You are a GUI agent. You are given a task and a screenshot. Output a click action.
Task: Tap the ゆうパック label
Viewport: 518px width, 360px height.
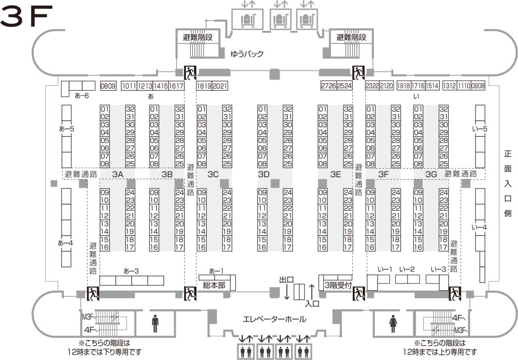(x=247, y=53)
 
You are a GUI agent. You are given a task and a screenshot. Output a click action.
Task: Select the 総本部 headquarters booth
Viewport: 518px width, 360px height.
(x=214, y=284)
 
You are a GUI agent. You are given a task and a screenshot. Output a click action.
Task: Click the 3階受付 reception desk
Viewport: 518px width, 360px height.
(x=338, y=284)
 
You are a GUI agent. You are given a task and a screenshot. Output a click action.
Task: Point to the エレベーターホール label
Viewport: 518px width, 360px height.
(x=274, y=319)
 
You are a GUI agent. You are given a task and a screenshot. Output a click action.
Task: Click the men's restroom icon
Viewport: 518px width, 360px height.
(x=155, y=323)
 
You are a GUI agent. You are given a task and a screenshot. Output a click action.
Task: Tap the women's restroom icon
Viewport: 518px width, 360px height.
(x=393, y=323)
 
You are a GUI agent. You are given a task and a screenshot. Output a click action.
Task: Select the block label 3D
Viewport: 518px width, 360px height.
(x=264, y=175)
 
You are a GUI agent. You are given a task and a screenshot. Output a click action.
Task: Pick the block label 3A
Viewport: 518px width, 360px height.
(x=118, y=175)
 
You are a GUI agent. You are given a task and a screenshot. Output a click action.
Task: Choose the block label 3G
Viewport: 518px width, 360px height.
(x=431, y=175)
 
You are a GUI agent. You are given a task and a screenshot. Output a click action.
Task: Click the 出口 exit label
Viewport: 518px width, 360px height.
(x=286, y=280)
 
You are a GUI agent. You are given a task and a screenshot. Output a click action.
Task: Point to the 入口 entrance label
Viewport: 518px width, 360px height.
(x=312, y=304)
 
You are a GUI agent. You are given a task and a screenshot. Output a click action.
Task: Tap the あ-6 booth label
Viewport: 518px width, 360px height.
(x=82, y=95)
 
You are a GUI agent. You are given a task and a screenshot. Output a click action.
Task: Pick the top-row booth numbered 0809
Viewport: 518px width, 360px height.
(x=108, y=86)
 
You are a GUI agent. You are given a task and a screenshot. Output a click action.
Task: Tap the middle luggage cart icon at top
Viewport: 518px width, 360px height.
(x=280, y=19)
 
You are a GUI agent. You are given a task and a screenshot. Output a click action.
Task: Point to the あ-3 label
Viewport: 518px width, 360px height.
(x=131, y=271)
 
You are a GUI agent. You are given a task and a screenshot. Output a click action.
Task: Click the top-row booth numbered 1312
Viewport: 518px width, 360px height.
(x=450, y=86)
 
